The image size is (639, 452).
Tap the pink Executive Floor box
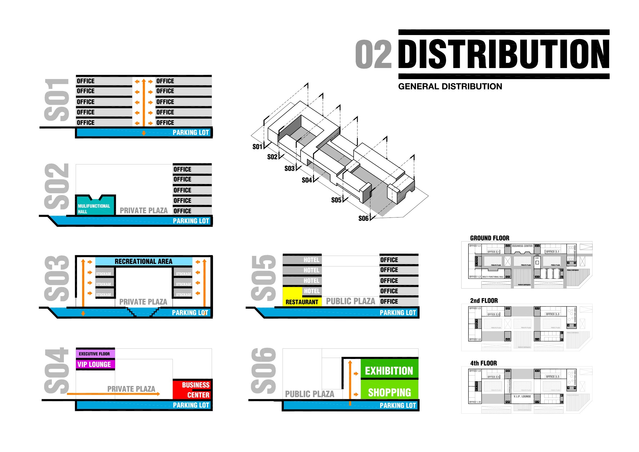coord(95,354)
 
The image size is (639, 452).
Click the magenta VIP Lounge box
coord(95,364)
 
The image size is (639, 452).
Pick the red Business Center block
coord(192,390)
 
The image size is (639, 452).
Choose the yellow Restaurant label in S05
coord(302,302)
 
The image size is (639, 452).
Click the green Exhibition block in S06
coord(389,371)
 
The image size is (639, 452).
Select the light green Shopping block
coord(389,392)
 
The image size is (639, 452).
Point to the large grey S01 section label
coord(56,100)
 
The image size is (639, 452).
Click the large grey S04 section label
coord(56,371)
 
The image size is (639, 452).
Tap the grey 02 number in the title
coord(373,54)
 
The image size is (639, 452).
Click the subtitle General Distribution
coord(450,86)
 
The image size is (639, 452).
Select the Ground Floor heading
coord(490,238)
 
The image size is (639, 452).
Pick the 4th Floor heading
coord(483,363)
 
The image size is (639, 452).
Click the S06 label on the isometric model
coord(363,219)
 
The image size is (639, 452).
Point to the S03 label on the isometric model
coord(289,169)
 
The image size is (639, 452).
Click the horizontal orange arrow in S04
coord(114,394)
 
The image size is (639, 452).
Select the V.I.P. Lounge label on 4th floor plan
coord(522,396)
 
